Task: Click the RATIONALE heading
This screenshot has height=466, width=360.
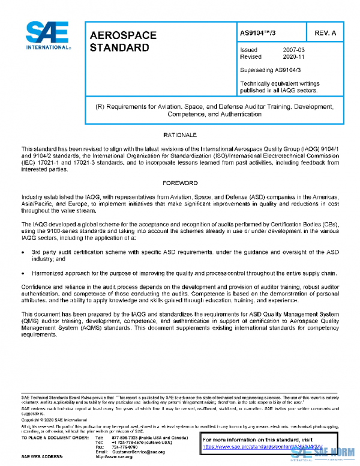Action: pos(180,135)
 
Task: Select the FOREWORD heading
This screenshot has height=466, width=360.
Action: pos(180,183)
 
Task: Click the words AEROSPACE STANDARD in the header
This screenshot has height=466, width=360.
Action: pos(123,41)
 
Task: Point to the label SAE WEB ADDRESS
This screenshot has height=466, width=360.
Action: pos(43,457)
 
